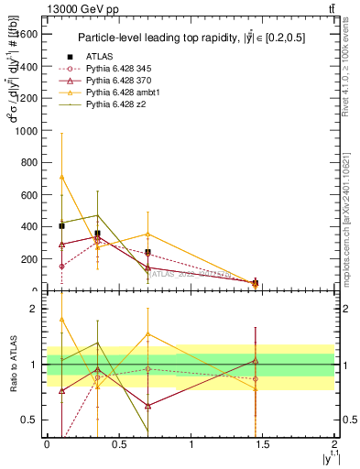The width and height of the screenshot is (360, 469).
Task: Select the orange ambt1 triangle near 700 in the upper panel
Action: (x=61, y=177)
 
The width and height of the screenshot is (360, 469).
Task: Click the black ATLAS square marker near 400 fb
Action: (x=61, y=225)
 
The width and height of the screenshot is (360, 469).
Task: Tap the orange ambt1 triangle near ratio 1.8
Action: (x=61, y=320)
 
